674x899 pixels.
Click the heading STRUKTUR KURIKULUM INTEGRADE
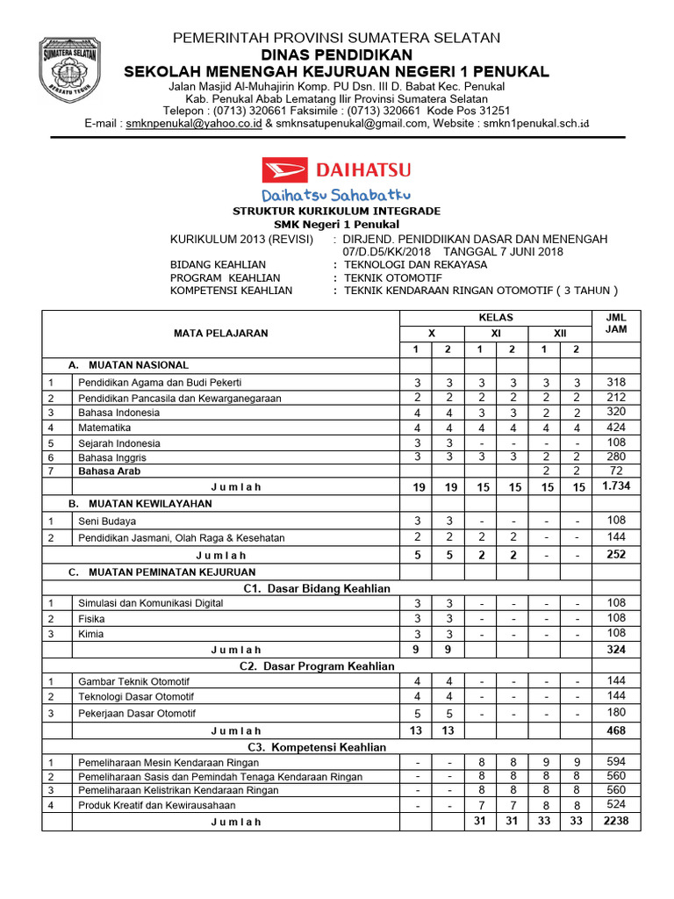(x=336, y=212)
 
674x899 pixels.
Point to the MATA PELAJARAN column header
(x=220, y=333)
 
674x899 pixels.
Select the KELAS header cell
(x=496, y=317)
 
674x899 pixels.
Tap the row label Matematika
(x=104, y=428)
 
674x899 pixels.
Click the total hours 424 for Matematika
(x=617, y=428)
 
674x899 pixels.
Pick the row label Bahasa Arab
(x=109, y=471)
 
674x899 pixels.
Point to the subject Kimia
(x=90, y=634)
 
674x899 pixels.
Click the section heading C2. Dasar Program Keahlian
(x=317, y=665)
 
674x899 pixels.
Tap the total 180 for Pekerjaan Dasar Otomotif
(x=617, y=712)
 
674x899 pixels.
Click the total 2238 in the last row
(x=617, y=821)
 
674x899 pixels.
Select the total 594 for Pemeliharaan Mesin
(x=617, y=761)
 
